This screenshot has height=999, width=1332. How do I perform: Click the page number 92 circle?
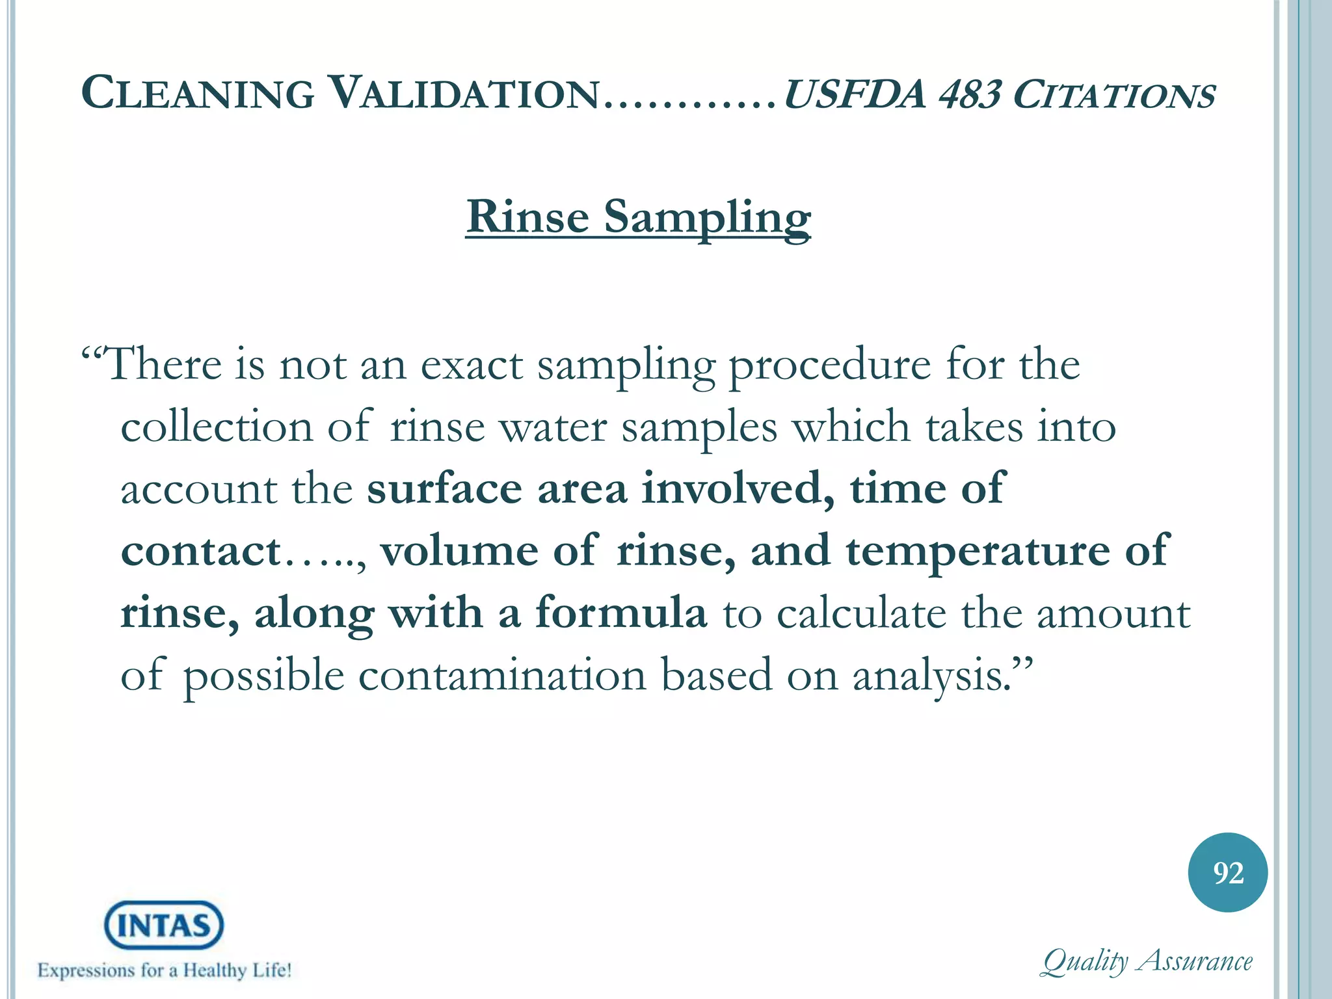click(x=1227, y=872)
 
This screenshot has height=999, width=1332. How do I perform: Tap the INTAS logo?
click(x=164, y=925)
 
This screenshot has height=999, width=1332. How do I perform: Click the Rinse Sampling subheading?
click(x=638, y=217)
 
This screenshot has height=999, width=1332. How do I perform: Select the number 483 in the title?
click(x=968, y=94)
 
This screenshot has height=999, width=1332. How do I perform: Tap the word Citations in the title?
click(x=1114, y=94)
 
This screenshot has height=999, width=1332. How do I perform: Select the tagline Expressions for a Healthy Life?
click(x=165, y=971)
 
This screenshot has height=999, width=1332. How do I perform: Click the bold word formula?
click(x=620, y=613)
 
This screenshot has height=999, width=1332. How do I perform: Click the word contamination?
click(x=503, y=675)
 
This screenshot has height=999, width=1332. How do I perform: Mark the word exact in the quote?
click(x=472, y=365)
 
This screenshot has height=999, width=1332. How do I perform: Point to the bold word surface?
click(x=444, y=488)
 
